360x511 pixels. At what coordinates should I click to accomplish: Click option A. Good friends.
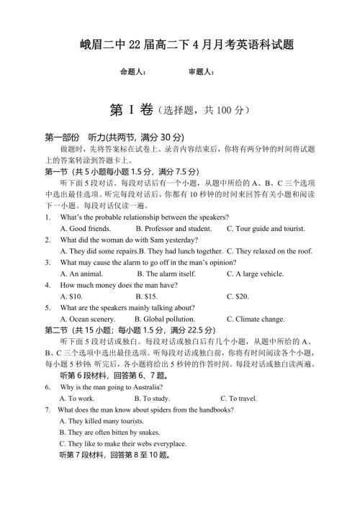pyautogui.click(x=85, y=228)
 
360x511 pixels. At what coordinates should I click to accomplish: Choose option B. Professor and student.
pyautogui.click(x=173, y=228)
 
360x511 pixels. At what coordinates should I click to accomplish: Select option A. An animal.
pyautogui.click(x=81, y=273)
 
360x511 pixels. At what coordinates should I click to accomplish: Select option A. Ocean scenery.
pyautogui.click(x=87, y=319)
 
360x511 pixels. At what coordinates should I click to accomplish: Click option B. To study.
pyautogui.click(x=152, y=397)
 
